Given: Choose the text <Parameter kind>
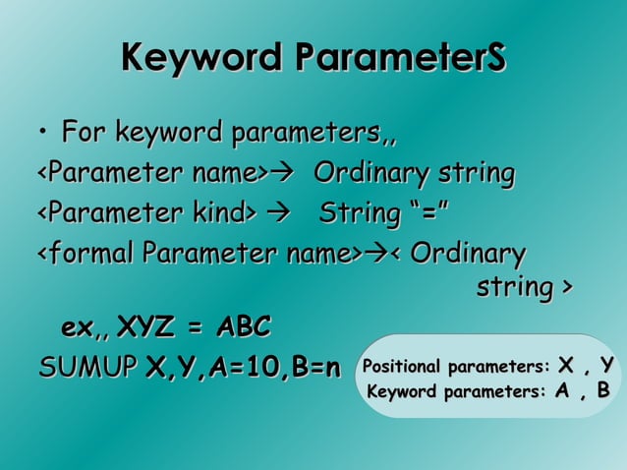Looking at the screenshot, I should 145,212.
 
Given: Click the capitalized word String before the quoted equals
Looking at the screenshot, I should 366,212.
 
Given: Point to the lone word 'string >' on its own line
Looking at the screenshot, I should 523,289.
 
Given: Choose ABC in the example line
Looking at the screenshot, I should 242,325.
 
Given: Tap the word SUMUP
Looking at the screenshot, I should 87,368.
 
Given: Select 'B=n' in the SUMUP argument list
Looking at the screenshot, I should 313,368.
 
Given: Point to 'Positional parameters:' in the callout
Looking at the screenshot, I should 456,369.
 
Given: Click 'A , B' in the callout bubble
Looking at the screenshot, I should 582,393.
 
